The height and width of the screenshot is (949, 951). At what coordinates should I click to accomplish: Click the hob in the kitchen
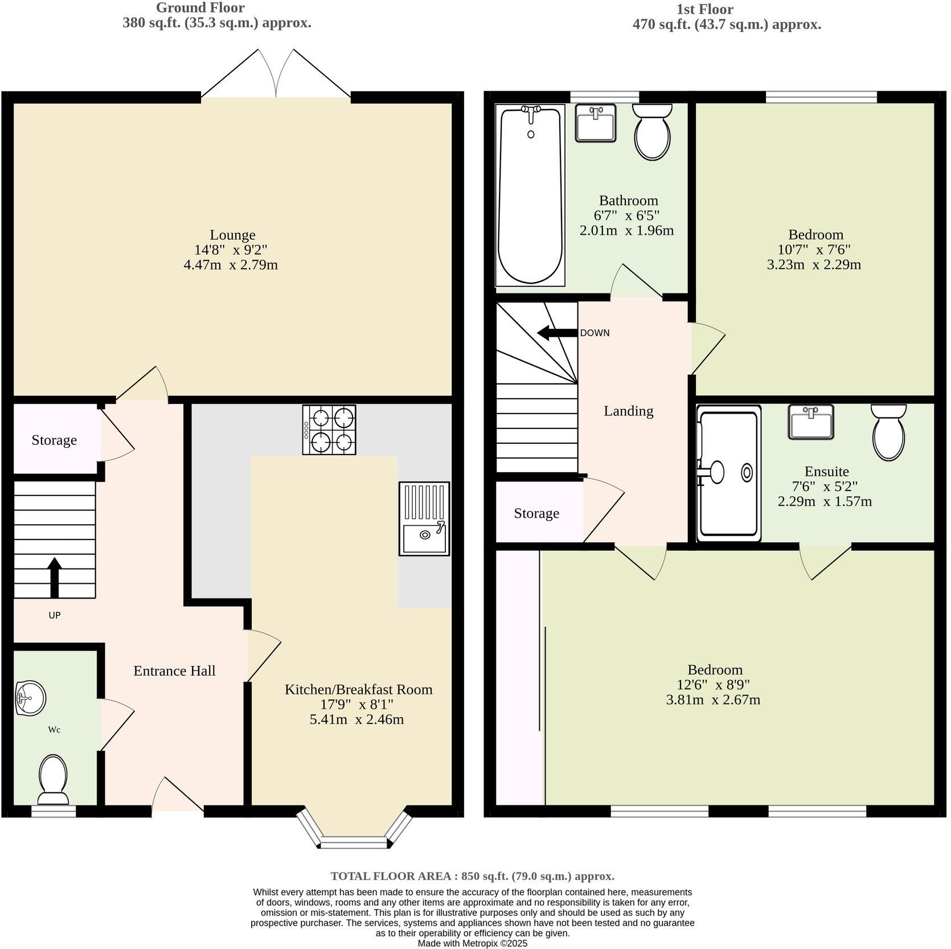tap(329, 429)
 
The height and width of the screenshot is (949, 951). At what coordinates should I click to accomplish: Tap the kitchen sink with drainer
tap(424, 519)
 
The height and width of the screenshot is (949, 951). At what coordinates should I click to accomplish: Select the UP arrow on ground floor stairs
tap(55, 576)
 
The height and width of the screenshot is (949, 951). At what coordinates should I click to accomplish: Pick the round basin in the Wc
tap(31, 697)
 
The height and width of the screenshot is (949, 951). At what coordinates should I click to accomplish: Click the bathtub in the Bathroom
tap(530, 195)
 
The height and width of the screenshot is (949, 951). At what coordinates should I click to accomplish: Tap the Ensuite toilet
tap(888, 432)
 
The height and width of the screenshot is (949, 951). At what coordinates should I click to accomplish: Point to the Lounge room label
tap(232, 235)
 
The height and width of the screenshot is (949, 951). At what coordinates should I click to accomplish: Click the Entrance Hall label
tap(174, 671)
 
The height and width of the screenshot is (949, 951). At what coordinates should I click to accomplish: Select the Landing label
tap(628, 411)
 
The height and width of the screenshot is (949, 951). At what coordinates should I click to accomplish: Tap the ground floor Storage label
tap(54, 440)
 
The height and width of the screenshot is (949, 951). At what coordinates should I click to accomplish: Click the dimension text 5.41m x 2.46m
tap(356, 719)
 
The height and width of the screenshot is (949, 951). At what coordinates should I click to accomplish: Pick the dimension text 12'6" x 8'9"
tap(713, 685)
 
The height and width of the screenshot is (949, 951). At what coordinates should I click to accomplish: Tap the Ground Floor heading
tap(200, 8)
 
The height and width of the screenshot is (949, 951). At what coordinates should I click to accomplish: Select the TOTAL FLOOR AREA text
tap(473, 876)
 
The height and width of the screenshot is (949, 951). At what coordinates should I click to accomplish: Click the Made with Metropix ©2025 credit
tap(473, 943)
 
